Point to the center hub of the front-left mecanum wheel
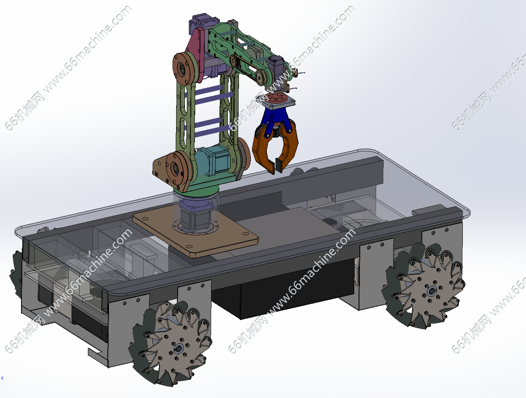click(x=179, y=348)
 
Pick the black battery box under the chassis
click(x=283, y=287)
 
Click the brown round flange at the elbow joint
click(x=184, y=68)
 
